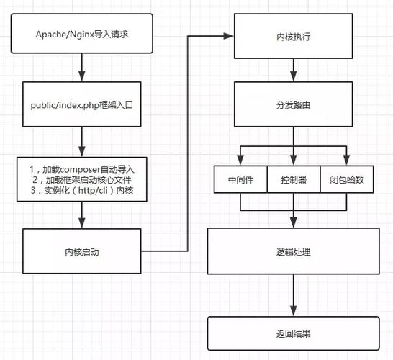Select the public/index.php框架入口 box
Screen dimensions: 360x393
click(x=83, y=104)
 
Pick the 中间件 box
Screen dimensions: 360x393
click(x=240, y=180)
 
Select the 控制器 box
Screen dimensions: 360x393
click(x=294, y=180)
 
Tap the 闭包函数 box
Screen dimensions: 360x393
click(x=346, y=180)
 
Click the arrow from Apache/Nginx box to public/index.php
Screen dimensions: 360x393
click(x=83, y=69)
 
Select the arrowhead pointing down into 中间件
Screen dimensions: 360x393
click(x=240, y=162)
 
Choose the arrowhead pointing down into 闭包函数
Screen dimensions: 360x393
click(x=346, y=162)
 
